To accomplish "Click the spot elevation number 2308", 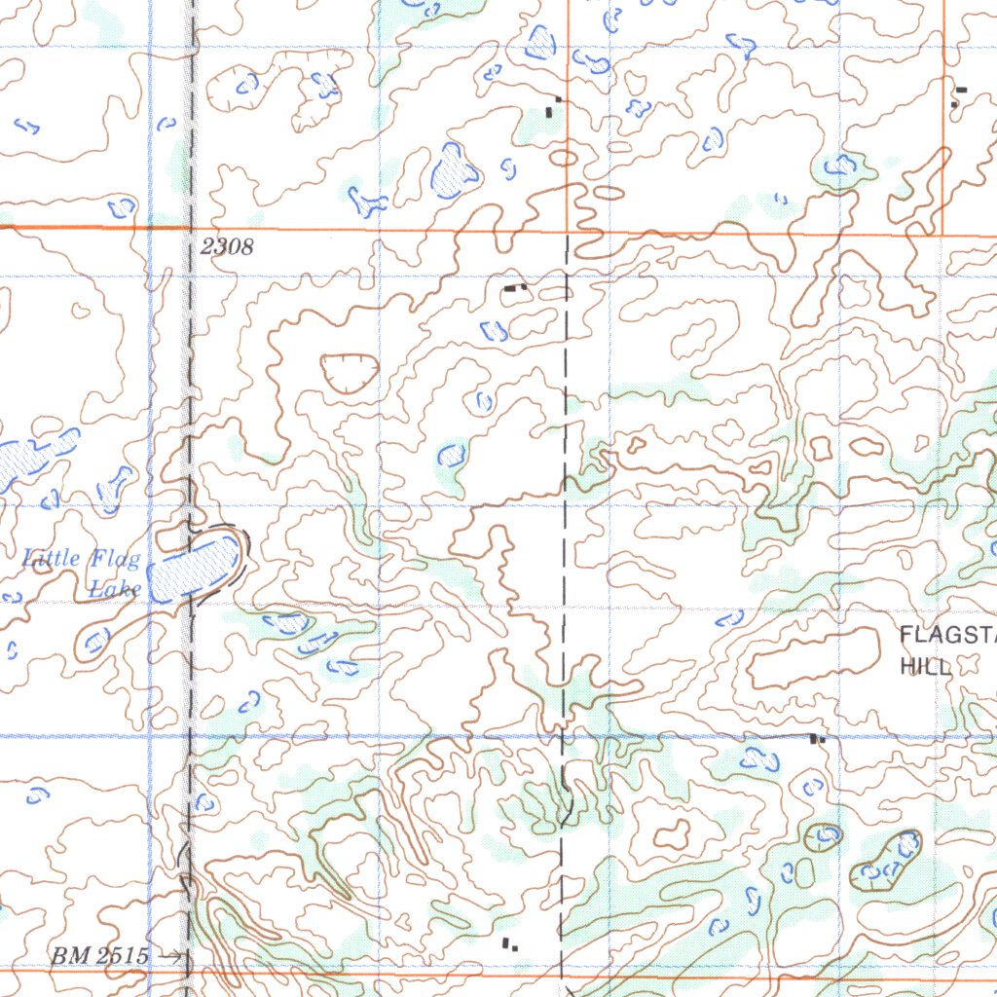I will tap(227, 247).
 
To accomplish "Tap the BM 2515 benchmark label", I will tap(100, 956).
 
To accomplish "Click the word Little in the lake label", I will tap(54, 559).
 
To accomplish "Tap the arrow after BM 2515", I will tap(172, 957).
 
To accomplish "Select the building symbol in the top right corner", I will tap(959, 94).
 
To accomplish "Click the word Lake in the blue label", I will tap(115, 588).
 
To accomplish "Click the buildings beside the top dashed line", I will tap(552, 107).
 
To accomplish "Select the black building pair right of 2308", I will tap(514, 288).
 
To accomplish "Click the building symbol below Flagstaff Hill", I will tap(817, 739).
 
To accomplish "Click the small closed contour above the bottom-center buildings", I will tap(671, 833).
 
